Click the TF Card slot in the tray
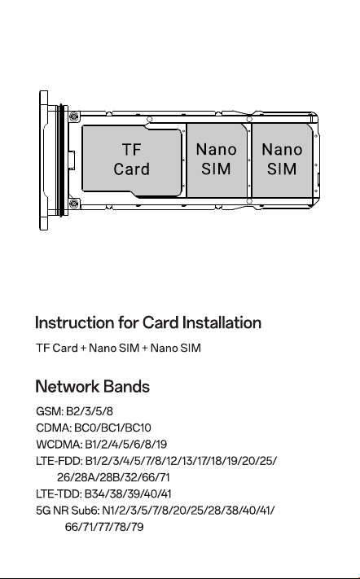[132, 160]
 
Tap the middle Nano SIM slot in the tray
[217, 160]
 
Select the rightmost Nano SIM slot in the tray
[282, 160]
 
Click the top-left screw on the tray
[74, 116]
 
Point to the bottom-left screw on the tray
[74, 204]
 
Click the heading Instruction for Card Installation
[148, 322]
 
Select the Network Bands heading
[92, 387]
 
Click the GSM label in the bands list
[50, 411]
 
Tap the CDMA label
[54, 428]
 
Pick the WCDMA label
[59, 444]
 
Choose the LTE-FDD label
[59, 461]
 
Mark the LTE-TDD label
[59, 493]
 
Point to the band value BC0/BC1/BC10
[112, 428]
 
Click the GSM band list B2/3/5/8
[90, 411]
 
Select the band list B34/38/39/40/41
[128, 493]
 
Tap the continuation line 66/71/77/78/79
[104, 527]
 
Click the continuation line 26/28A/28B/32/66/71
[113, 477]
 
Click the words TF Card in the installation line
[57, 348]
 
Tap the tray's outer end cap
[43, 160]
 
